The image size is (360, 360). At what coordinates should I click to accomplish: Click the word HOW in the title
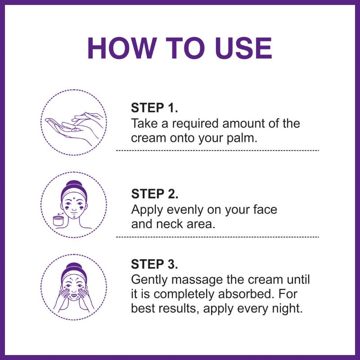pos(121,49)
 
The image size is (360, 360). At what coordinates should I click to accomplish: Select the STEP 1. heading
pos(154,108)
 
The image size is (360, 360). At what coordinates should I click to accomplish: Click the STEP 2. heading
pos(154,193)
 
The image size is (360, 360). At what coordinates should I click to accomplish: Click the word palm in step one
pos(242,139)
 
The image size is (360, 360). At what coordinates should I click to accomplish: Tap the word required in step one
pos(195,124)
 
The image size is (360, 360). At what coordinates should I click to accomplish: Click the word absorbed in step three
pos(246,294)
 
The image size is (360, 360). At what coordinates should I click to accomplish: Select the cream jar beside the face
pos(58,220)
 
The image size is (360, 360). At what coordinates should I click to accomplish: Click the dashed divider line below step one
pos(217,151)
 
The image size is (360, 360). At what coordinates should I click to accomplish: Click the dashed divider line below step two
pos(217,237)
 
